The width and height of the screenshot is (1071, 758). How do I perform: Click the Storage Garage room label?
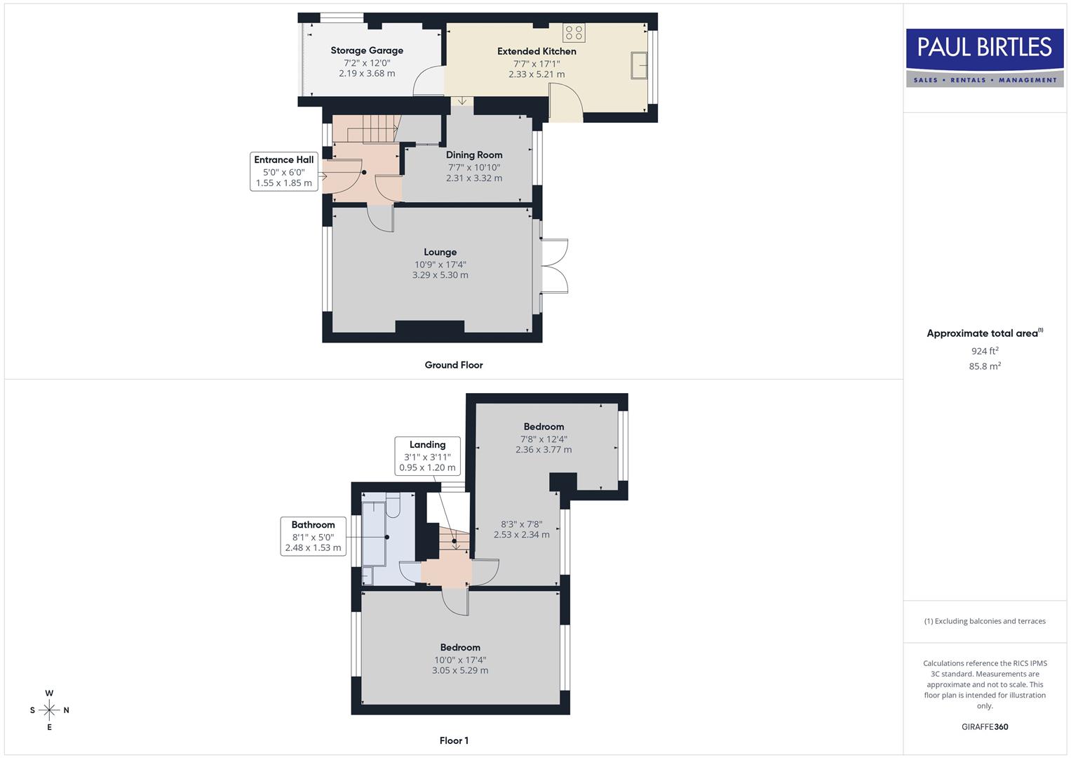pos(367,51)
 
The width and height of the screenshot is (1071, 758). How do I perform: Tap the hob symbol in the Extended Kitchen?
pos(574,32)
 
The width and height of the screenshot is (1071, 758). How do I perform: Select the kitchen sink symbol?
pos(638,65)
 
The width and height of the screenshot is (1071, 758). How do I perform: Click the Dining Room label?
pos(474,155)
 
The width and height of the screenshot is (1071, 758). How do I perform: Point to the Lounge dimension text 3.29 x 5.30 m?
pos(440,275)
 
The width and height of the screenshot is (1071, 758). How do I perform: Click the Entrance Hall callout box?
pos(284,171)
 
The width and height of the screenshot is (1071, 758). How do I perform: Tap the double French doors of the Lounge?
pos(554,266)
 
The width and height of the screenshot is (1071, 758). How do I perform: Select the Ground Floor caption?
pos(454,365)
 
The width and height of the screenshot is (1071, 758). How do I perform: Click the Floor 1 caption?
pos(454,740)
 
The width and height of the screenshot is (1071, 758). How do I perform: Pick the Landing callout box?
pos(427,456)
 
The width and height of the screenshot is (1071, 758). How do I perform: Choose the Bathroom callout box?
pos(313,536)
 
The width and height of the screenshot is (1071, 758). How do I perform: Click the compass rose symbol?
pos(49,710)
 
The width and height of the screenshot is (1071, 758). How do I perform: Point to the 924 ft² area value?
pos(985,351)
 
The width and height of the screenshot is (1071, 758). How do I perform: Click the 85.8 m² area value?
pos(985,366)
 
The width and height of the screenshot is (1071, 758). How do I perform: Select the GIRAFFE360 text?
pos(985,727)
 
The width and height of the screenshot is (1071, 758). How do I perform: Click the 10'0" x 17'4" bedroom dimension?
pos(460,660)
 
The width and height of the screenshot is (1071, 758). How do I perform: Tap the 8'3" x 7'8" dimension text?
pos(521,524)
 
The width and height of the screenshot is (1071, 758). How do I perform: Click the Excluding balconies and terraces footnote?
pos(985,621)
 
